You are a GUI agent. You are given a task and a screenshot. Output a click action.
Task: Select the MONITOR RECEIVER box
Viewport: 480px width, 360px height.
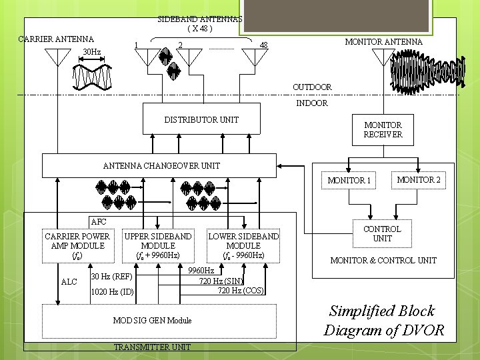(x=383, y=129)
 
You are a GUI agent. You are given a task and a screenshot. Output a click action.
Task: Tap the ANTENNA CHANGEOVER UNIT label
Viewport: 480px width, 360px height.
(x=161, y=165)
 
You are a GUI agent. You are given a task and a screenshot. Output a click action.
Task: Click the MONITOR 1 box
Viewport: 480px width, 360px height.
(x=349, y=181)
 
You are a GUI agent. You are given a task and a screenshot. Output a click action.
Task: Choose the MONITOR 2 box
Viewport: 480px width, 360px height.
(x=419, y=179)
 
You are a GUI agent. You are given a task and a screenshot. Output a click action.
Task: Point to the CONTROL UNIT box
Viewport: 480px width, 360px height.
(x=382, y=234)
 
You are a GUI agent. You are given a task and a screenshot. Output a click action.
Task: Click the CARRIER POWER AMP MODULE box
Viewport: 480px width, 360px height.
(x=77, y=245)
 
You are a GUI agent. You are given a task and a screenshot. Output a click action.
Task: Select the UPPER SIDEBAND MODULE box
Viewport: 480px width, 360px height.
(x=158, y=245)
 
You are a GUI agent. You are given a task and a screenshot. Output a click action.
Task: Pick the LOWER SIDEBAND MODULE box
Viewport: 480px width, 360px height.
(x=243, y=245)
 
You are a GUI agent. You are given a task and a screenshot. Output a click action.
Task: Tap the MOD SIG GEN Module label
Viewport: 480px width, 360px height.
(x=152, y=321)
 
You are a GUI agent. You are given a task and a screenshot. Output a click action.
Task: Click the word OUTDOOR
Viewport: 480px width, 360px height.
(x=312, y=87)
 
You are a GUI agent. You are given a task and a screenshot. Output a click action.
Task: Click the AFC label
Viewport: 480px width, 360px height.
(x=97, y=221)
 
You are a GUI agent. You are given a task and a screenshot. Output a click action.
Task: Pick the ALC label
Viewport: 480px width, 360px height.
(x=69, y=282)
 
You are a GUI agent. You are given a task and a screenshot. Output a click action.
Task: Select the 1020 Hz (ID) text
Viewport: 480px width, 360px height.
(x=112, y=292)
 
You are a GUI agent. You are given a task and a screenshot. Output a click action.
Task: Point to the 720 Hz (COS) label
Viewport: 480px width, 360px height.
(x=240, y=290)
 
